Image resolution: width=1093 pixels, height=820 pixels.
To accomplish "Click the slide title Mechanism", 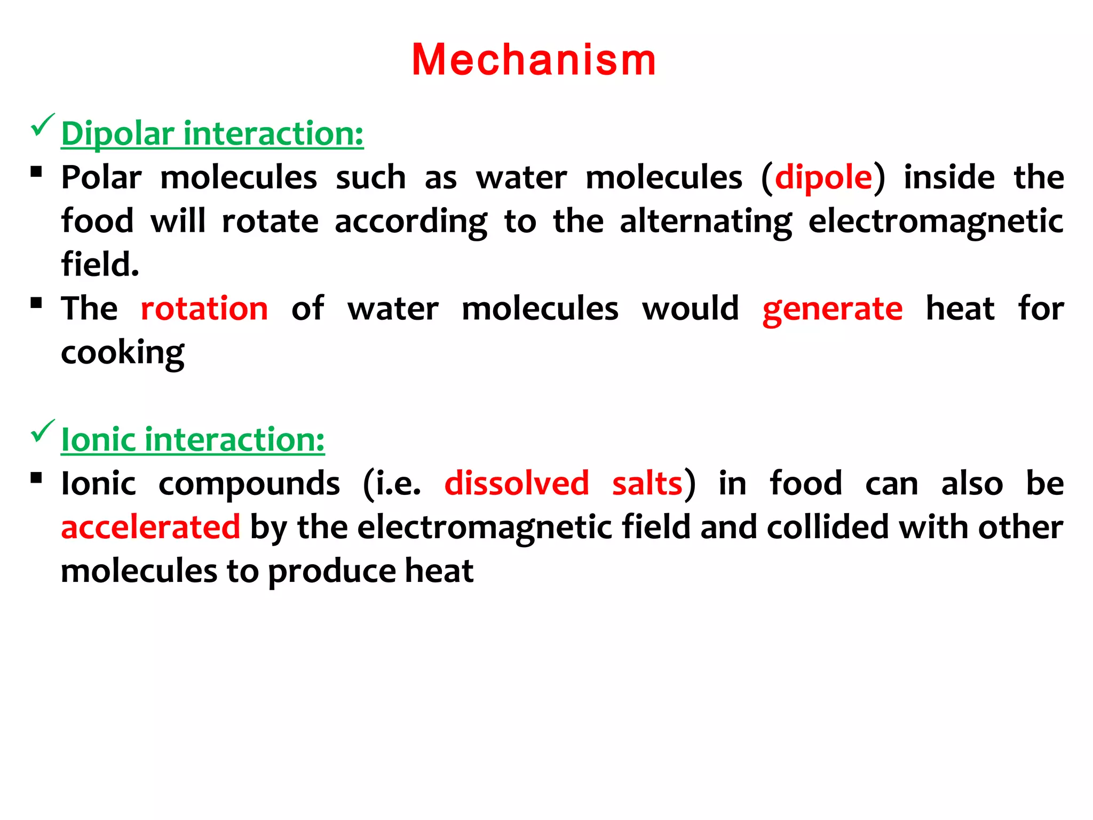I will [x=534, y=60].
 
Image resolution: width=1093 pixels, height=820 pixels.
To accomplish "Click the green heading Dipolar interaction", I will [x=212, y=133].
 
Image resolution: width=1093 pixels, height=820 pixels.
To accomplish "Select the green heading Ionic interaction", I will [x=193, y=440].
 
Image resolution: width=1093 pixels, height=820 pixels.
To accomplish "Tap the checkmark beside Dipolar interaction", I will [x=42, y=125].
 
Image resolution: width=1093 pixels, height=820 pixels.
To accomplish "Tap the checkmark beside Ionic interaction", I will [x=42, y=431].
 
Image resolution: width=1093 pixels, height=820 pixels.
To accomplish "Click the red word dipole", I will [x=823, y=178].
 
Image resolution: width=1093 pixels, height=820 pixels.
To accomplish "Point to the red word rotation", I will [x=204, y=309].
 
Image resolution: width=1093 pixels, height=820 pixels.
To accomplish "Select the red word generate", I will [x=833, y=310].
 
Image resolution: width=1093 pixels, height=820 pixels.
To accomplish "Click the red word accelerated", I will [x=151, y=527].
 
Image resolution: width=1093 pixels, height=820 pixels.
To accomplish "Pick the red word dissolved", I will [x=517, y=484].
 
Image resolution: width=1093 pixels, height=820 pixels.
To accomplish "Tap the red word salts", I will [x=647, y=484].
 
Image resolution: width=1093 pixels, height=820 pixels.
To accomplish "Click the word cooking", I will [x=123, y=353].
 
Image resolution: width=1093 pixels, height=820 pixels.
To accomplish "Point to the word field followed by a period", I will [x=100, y=264].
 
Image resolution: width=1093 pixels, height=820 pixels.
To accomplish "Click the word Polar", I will [x=101, y=178].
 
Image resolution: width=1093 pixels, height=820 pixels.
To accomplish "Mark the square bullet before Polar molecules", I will [x=36, y=172].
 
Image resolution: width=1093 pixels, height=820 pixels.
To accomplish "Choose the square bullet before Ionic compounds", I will [x=36, y=478].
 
